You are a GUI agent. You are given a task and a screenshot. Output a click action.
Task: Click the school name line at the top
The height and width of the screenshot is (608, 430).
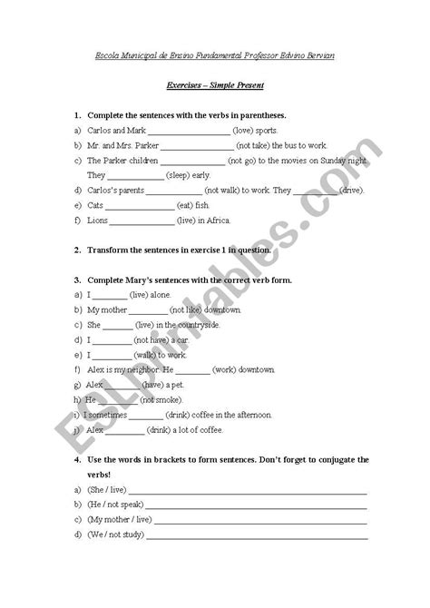pos(215,56)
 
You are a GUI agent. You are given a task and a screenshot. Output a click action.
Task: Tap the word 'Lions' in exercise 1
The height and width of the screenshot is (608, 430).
pos(96,221)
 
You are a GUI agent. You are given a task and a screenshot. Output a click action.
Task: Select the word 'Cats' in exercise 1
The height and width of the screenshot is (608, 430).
pos(95,205)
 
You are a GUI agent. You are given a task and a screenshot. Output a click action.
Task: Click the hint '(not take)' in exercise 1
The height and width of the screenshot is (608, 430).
pos(255,145)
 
